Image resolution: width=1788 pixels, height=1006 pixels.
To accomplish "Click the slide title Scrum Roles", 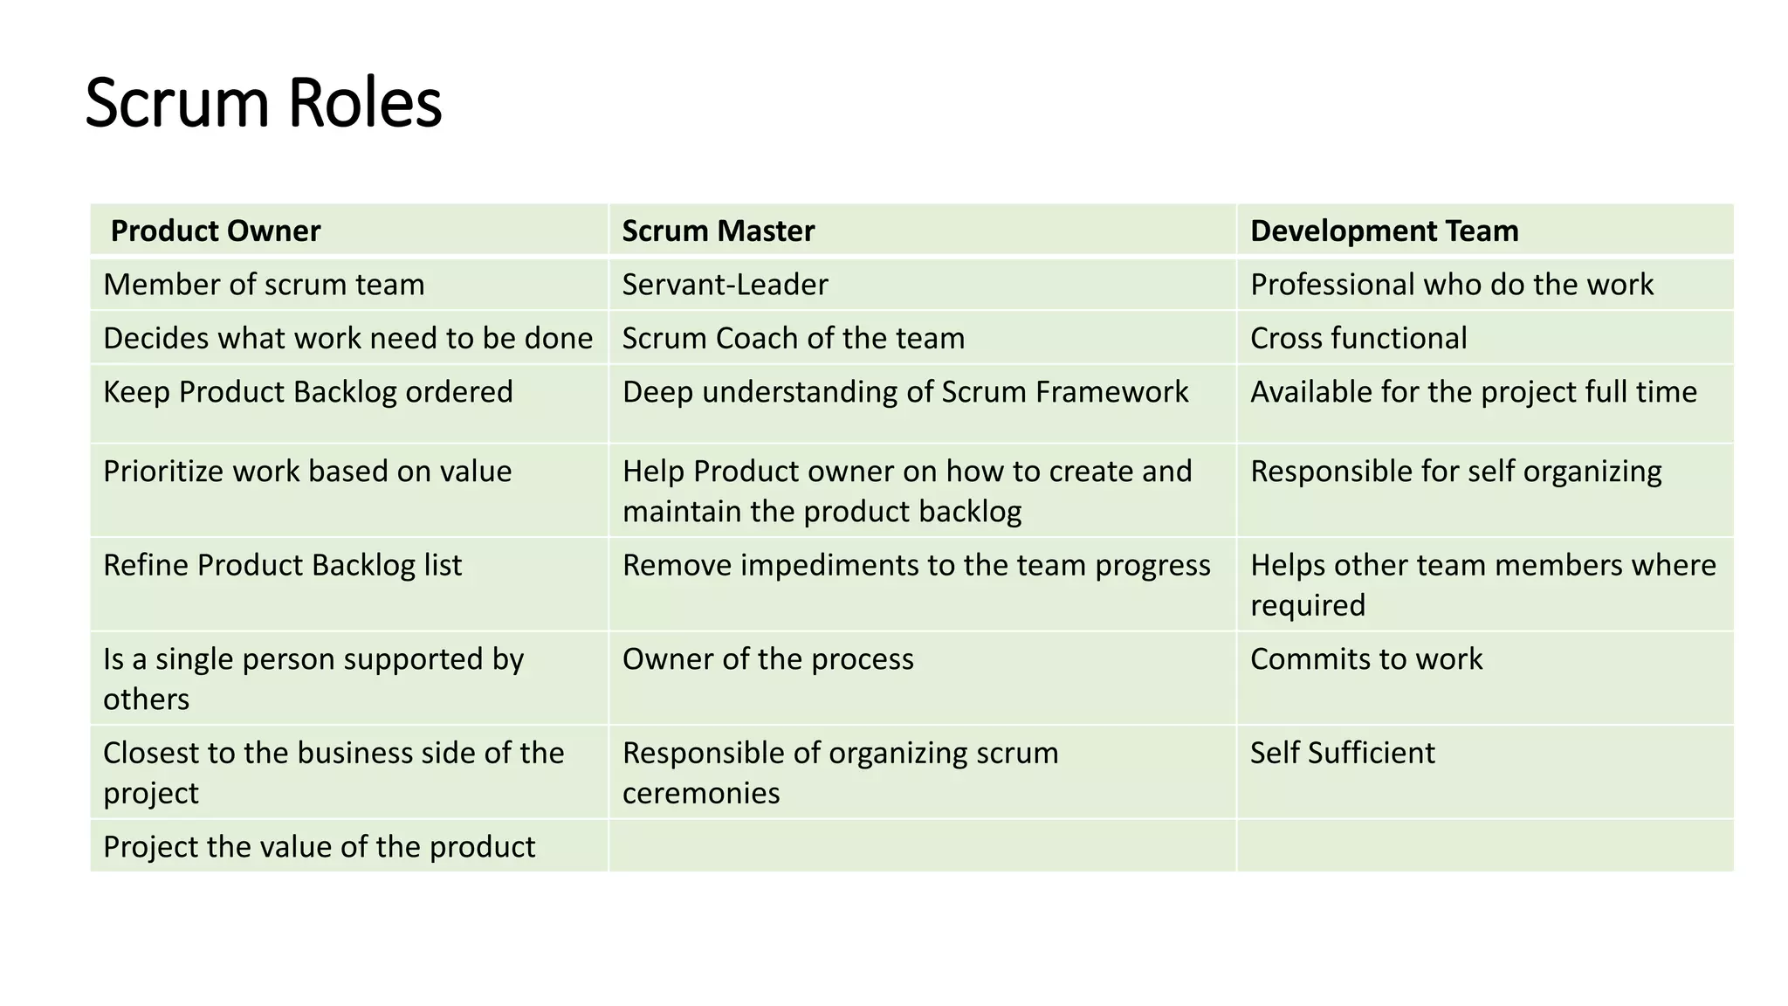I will pyautogui.click(x=264, y=103).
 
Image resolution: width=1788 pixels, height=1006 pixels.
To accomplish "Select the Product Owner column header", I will pyautogui.click(x=216, y=231).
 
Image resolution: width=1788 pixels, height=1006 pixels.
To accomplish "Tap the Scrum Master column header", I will pyautogui.click(x=718, y=231).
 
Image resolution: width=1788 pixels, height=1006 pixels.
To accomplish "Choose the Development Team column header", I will pyautogui.click(x=1384, y=231).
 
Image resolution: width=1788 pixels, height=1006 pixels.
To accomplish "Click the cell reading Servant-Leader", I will pyautogui.click(x=725, y=285).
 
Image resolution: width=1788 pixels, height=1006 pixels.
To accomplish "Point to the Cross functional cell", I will pyautogui.click(x=1358, y=338).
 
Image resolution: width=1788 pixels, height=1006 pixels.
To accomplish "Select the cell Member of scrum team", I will pyautogui.click(x=264, y=285).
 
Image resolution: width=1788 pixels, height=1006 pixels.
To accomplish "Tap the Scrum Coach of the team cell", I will pyautogui.click(x=793, y=338).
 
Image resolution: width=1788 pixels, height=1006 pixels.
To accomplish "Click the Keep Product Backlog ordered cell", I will pyautogui.click(x=308, y=392).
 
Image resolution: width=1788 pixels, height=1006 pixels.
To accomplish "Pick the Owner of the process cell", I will pyautogui.click(x=767, y=659).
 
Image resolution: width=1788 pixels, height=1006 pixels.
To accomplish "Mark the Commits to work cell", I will pyautogui.click(x=1365, y=659).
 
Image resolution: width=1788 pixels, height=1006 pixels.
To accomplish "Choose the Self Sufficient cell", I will pyautogui.click(x=1342, y=753).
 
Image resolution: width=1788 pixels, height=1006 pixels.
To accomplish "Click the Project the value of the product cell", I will pyautogui.click(x=319, y=847).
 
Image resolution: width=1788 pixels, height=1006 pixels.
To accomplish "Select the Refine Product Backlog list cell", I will pyautogui.click(x=282, y=565).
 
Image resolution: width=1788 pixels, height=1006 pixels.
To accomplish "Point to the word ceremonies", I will pyautogui.click(x=701, y=793).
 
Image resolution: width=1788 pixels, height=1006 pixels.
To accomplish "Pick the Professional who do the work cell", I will pyautogui.click(x=1451, y=285).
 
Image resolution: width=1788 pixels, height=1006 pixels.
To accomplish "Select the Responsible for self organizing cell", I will pyautogui.click(x=1455, y=472).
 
